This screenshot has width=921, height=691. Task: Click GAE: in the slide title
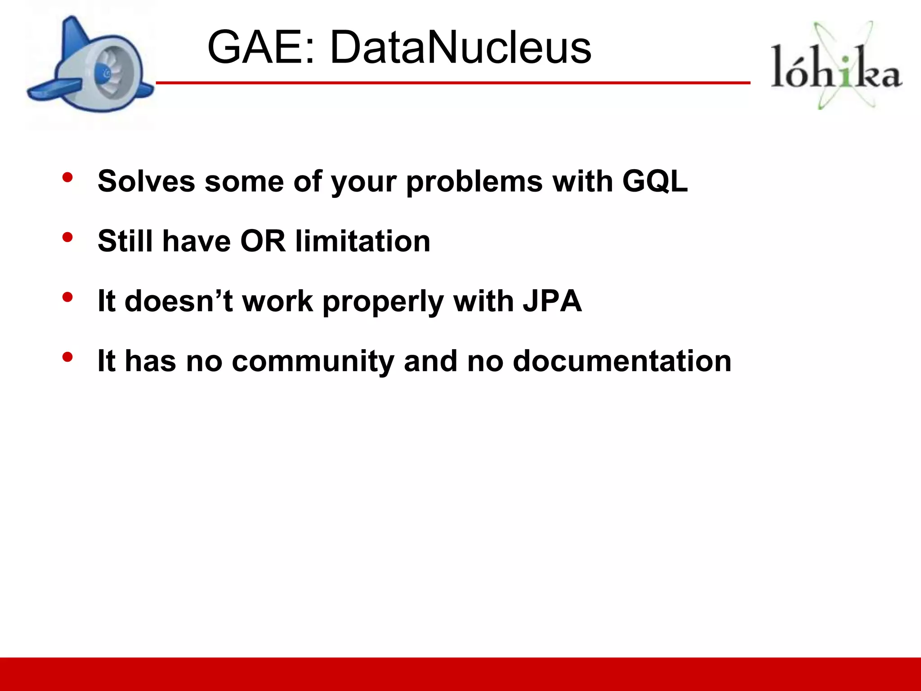tap(260, 47)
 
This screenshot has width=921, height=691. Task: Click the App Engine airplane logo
tap(90, 67)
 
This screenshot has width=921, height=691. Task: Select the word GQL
tap(655, 181)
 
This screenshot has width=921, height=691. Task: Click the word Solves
tap(146, 181)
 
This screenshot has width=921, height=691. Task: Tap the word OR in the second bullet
tap(263, 241)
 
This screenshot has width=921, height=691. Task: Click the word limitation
tap(363, 241)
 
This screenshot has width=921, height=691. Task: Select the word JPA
tap(552, 301)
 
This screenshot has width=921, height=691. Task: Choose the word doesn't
tap(179, 301)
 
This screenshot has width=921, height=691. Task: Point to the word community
tap(313, 361)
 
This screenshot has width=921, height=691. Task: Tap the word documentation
tap(622, 361)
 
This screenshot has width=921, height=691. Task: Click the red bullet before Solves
tap(67, 177)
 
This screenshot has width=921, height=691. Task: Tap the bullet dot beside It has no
tap(67, 357)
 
